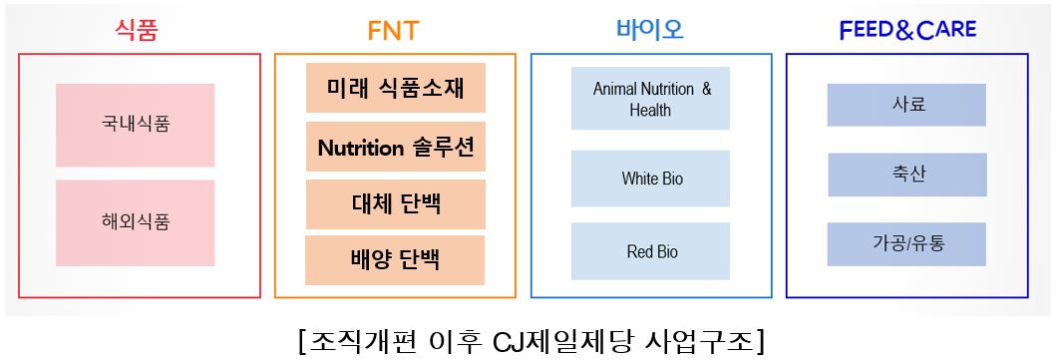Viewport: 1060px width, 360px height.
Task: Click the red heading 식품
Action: click(139, 29)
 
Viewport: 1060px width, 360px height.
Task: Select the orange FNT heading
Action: click(394, 30)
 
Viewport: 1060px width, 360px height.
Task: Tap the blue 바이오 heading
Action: click(649, 29)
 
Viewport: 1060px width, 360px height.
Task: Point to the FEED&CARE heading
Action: click(907, 30)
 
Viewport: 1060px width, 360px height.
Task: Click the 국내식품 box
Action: click(136, 125)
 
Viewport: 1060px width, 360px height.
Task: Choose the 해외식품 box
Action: click(136, 222)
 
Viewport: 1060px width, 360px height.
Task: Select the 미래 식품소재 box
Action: click(395, 88)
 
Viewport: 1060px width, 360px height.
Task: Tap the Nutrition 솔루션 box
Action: click(395, 149)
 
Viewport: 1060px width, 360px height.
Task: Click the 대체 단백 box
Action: click(395, 204)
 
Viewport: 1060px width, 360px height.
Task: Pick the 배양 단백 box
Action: click(395, 260)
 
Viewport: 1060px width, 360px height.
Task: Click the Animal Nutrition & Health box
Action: click(650, 99)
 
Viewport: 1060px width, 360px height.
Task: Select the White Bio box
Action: click(650, 179)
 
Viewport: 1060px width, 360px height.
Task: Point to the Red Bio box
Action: click(650, 251)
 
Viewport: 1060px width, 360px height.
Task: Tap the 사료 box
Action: click(906, 105)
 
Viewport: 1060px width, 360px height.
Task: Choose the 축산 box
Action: click(906, 175)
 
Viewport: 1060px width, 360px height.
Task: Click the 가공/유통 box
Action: click(906, 243)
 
